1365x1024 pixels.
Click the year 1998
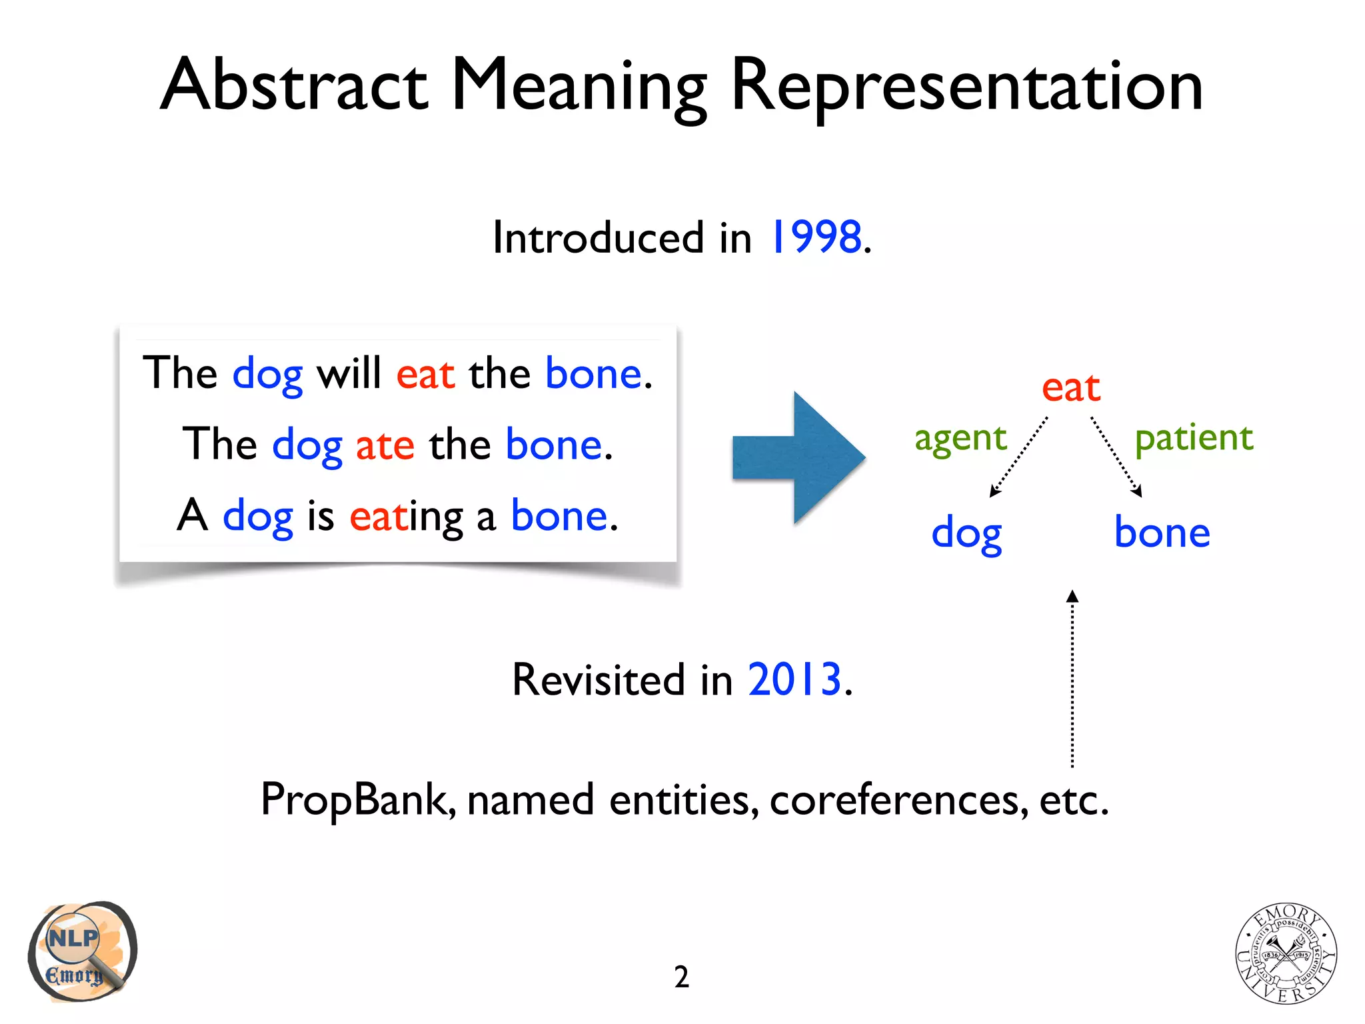[816, 237]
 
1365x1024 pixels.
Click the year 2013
[794, 680]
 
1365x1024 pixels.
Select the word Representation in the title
[966, 87]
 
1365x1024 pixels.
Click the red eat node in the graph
[1070, 387]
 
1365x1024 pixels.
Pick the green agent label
[960, 439]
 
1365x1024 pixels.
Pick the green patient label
[1194, 438]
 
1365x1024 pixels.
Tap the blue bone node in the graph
[1162, 533]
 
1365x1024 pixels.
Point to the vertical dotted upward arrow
[1072, 680]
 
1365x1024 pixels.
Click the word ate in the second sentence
[385, 445]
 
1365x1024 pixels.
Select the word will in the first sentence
[349, 373]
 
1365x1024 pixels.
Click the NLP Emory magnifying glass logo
[82, 951]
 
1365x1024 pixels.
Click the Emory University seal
[1286, 953]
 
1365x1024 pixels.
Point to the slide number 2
[681, 977]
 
